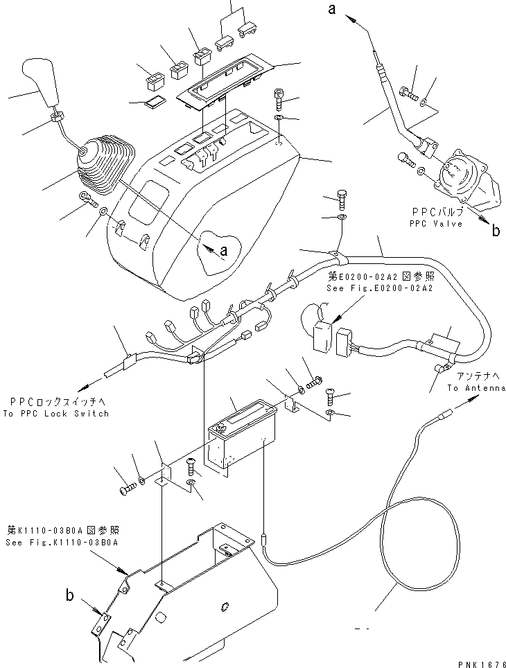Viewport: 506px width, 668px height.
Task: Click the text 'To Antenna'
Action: (476, 388)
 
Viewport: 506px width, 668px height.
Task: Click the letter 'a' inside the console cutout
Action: (223, 252)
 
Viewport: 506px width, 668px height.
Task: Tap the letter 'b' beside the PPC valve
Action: (495, 231)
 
